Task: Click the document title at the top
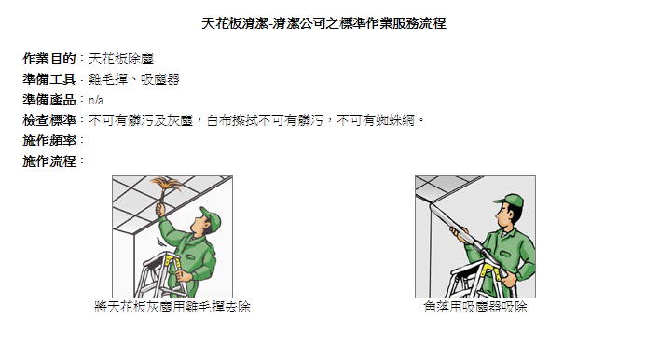coord(323,23)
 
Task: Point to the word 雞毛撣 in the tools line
coord(106,79)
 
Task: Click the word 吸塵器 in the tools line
coord(159,79)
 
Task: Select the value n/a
coord(95,100)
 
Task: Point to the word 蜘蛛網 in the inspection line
coord(398,120)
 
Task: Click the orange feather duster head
coord(168,187)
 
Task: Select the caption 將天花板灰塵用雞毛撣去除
coord(172,306)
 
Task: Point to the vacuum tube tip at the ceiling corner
coord(430,187)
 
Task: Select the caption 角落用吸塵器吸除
coord(474,306)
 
